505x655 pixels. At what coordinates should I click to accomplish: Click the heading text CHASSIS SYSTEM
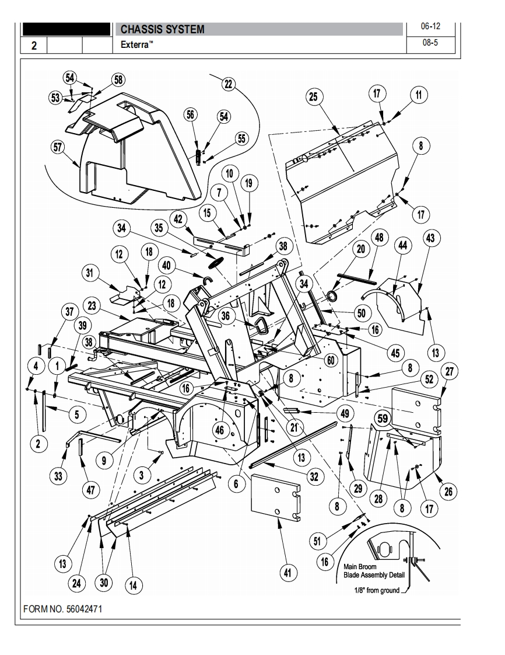[x=162, y=29]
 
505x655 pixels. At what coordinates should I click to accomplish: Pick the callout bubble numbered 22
[x=228, y=84]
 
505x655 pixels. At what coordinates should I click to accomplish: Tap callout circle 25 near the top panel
[x=314, y=96]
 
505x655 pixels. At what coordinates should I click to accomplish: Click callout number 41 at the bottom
[x=286, y=573]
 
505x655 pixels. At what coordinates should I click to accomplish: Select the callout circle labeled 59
[x=383, y=418]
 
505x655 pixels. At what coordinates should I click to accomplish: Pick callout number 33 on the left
[x=58, y=476]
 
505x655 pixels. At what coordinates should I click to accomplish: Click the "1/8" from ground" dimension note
[x=378, y=590]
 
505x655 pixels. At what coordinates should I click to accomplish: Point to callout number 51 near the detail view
[x=317, y=541]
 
